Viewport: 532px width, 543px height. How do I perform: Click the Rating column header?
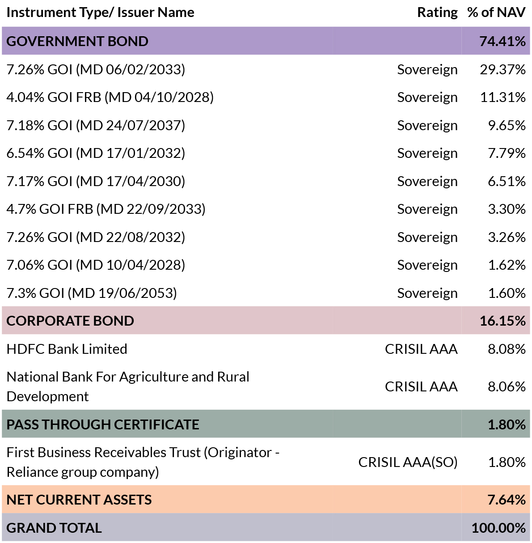[x=437, y=13]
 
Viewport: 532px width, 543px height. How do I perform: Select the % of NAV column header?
[x=497, y=13]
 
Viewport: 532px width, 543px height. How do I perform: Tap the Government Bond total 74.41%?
[x=502, y=41]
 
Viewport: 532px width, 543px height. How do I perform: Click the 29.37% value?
[x=503, y=69]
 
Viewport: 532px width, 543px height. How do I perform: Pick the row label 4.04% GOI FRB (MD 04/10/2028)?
[x=110, y=98]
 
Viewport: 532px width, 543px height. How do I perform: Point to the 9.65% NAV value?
[x=507, y=125]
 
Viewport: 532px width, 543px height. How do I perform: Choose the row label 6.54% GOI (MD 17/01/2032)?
[x=96, y=153]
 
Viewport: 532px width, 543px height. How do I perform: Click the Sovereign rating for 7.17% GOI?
[x=427, y=182]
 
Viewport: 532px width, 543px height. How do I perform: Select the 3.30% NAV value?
[x=507, y=209]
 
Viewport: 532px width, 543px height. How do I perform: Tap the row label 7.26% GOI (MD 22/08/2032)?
[x=96, y=237]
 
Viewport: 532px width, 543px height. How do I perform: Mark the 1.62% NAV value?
[x=507, y=265]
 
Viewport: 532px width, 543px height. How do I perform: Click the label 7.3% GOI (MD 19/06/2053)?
[x=92, y=293]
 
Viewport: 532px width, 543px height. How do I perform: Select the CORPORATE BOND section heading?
[x=70, y=321]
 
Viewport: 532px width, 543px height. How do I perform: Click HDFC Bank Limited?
[x=67, y=349]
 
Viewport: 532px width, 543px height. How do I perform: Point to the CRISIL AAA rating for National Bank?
[x=421, y=387]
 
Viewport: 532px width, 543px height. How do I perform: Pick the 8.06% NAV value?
[x=507, y=387]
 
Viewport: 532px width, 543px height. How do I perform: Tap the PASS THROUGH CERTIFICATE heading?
[x=103, y=424]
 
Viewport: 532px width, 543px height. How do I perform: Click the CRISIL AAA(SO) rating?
[x=408, y=462]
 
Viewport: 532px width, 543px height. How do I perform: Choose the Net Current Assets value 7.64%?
[x=507, y=500]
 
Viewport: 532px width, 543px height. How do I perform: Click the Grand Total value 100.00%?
[x=499, y=528]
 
